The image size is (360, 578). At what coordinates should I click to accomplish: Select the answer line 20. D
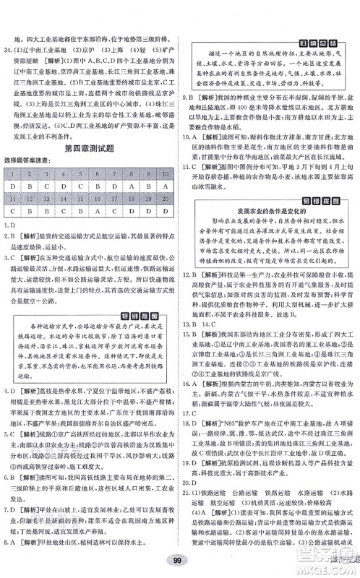point(193,480)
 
